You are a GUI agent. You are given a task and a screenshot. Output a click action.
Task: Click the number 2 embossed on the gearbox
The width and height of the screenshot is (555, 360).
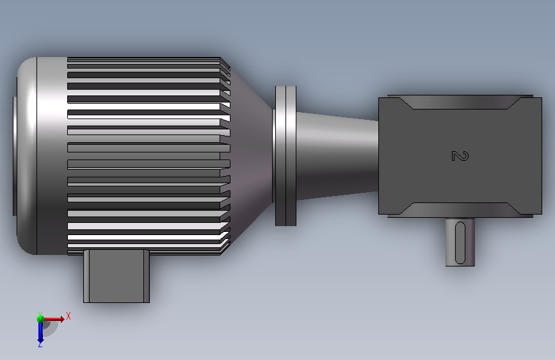[460, 156]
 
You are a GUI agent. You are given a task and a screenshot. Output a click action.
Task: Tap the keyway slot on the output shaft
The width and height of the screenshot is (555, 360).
[460, 243]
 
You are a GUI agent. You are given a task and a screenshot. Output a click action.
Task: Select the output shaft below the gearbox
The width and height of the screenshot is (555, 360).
[460, 242]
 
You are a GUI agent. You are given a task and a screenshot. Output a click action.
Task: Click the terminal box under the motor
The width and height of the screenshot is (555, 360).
[117, 276]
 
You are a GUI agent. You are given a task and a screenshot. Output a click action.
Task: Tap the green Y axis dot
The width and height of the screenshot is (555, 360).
[40, 319]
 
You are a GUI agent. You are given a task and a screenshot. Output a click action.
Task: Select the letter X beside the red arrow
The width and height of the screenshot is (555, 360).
[68, 316]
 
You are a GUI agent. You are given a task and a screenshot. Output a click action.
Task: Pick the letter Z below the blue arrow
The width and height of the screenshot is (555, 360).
[40, 344]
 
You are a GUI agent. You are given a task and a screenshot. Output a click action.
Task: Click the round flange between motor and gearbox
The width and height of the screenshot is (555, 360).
[286, 156]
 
